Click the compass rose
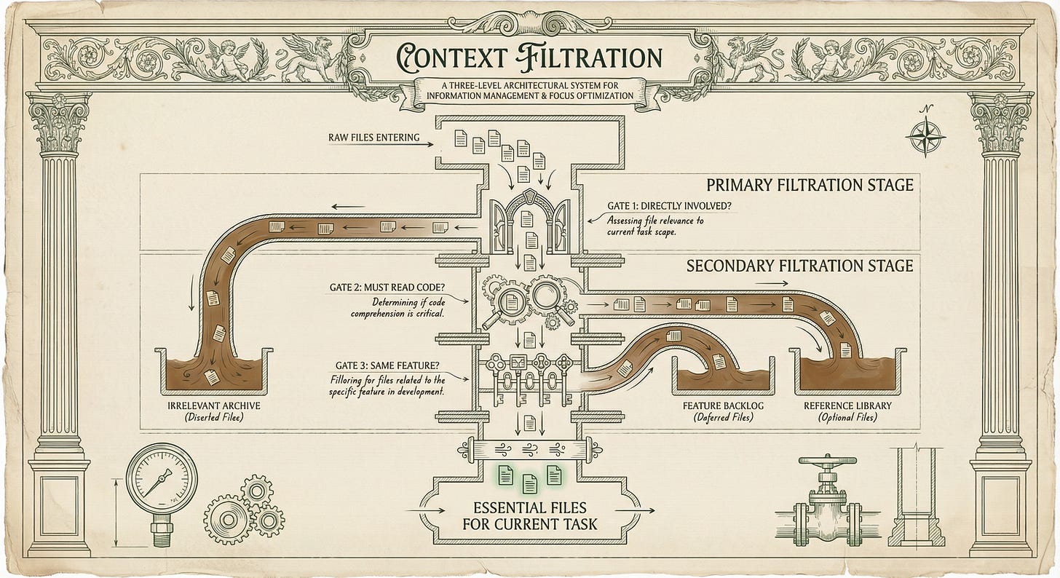pos(925,137)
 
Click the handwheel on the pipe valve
pos(828,460)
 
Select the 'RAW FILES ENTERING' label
pos(374,138)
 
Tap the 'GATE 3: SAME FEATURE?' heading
pos(387,365)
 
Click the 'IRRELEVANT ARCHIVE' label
pos(214,405)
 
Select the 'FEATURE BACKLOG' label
pos(723,405)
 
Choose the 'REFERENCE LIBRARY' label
pos(847,405)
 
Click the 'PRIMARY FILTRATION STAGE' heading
pos(810,185)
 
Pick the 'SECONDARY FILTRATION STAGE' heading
pos(799,266)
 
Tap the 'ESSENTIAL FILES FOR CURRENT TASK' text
pos(530,516)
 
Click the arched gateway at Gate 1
pos(529,221)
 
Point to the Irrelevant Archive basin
pos(214,371)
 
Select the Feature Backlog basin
pos(724,376)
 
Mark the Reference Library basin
pos(847,371)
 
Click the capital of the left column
pos(59,123)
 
